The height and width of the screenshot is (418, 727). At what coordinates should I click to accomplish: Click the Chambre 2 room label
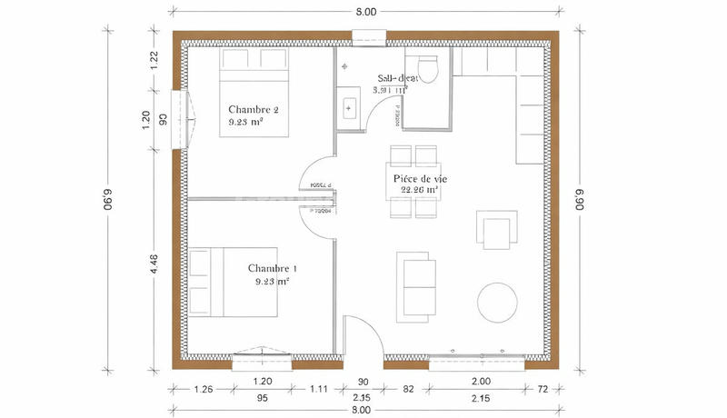254,110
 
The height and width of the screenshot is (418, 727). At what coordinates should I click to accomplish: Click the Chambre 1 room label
273,269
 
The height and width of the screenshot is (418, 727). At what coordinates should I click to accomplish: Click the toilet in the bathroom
427,70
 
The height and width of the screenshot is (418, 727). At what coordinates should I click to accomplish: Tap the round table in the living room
498,301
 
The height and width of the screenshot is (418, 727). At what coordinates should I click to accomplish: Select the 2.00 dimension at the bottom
481,383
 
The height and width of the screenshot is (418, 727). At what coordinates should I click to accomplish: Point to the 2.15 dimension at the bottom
481,397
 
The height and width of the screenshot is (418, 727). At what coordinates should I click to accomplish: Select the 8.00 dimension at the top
363,11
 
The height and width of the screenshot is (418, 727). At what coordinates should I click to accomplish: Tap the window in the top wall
369,37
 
